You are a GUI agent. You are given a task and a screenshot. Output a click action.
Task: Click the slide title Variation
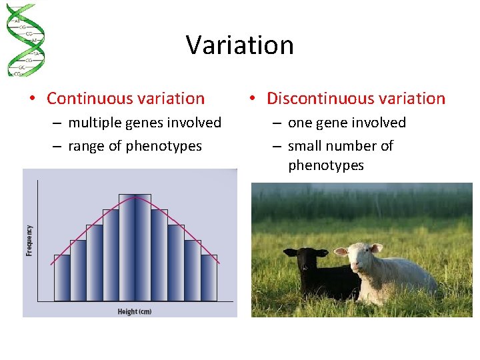240,45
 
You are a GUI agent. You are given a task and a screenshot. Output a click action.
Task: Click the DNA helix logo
25,40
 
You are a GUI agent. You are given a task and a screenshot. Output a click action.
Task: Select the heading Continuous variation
125,99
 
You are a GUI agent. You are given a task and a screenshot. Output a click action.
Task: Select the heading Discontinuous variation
355,99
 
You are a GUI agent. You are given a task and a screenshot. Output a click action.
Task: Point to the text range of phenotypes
135,146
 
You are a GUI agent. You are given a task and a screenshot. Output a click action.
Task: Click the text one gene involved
347,123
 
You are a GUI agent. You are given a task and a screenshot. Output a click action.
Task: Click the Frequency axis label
29,240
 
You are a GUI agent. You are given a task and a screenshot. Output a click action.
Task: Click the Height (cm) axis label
135,311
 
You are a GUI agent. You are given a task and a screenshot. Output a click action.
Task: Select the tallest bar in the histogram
135,247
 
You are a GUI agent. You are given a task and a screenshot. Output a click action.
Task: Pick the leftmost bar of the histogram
61,277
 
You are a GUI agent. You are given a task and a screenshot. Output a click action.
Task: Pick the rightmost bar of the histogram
209,277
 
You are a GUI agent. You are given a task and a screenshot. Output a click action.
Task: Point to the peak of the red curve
135,196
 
